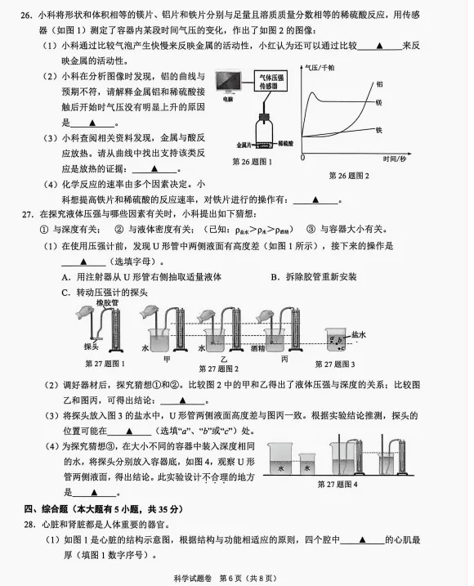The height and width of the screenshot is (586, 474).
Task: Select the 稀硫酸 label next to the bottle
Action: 286,142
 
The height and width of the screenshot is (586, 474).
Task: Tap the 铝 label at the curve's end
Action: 379,83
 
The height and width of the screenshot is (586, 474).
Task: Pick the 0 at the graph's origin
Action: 303,156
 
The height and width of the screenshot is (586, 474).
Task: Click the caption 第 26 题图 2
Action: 349,176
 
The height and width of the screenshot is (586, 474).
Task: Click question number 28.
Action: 28,524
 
